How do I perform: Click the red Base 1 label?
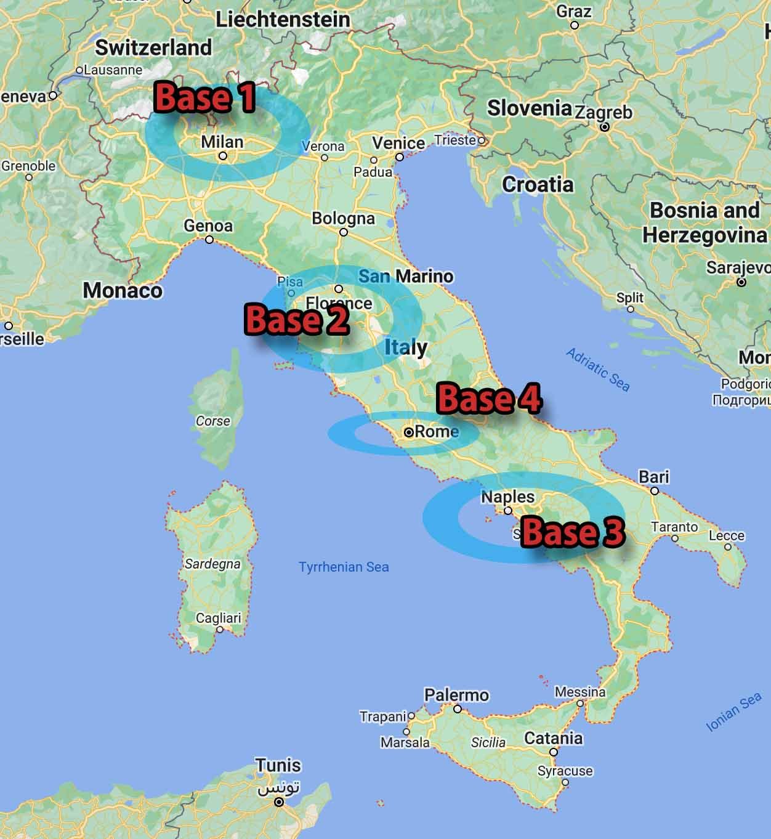point(204,98)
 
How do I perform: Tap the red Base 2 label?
point(297,320)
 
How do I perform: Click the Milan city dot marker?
point(223,156)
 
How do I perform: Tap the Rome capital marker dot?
point(408,432)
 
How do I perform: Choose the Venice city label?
point(398,143)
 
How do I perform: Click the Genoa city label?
point(208,225)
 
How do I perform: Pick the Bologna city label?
point(343,218)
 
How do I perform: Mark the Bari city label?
point(653,477)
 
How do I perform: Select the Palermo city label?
point(456,695)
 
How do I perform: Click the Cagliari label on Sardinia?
point(219,618)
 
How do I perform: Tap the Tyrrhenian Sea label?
point(344,567)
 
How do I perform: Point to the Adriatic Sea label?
point(597,370)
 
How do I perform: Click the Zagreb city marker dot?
point(605,127)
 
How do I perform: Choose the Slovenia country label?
point(530,108)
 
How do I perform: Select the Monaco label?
point(123,290)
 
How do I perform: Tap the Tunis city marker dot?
point(279,802)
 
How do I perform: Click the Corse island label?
point(213,421)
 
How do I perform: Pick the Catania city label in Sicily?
point(553,737)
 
